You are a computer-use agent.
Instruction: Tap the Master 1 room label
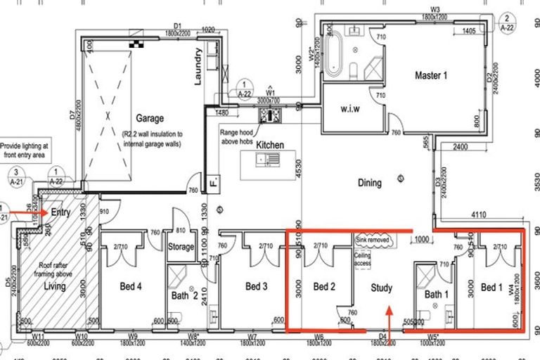click(433, 75)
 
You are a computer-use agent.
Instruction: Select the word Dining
click(369, 183)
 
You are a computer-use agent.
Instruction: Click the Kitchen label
click(270, 145)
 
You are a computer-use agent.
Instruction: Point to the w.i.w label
click(344, 109)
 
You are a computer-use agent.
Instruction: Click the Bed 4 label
click(130, 287)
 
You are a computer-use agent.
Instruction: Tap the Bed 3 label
click(257, 287)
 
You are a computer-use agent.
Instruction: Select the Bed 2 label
click(325, 287)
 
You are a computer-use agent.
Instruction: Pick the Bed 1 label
click(491, 288)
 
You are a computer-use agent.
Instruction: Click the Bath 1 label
click(437, 293)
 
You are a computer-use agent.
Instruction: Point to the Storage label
click(181, 247)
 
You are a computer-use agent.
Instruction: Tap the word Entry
click(60, 211)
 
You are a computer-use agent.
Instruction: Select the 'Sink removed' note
click(373, 239)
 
